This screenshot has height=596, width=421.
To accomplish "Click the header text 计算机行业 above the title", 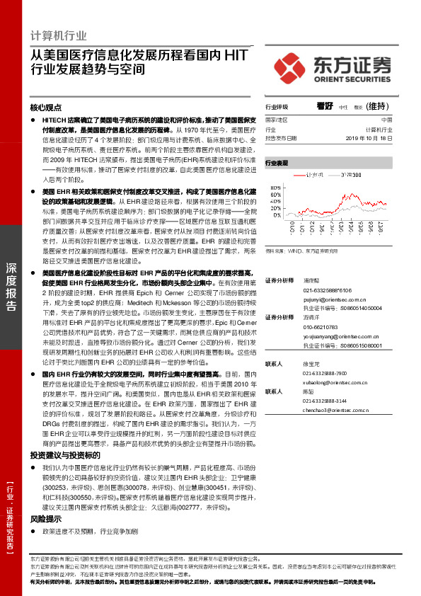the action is click(59, 35).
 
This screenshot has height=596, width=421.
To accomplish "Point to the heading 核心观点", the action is click(47, 108).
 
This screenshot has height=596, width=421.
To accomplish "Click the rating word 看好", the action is click(325, 106).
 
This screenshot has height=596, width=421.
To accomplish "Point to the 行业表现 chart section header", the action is click(277, 163).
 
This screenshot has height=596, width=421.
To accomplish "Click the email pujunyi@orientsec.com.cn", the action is click(328, 300).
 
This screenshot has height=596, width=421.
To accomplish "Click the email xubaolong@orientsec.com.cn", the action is click(331, 382).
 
